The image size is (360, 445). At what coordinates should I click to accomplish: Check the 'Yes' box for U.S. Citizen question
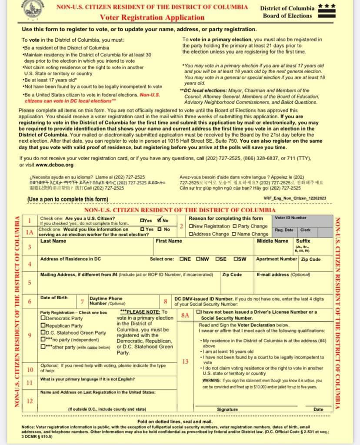coord(143,221)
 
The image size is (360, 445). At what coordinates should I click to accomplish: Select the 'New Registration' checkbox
coord(191,226)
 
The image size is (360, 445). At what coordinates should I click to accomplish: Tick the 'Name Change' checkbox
coord(235,234)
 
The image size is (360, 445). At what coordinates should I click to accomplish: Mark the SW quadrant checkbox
coord(236,259)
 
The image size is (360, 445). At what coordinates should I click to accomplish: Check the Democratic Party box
coord(43,318)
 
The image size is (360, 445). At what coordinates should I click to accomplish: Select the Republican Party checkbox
coord(43,325)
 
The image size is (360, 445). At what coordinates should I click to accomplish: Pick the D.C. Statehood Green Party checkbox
coord(43,332)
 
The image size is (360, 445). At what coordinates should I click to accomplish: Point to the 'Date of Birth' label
coord(54,298)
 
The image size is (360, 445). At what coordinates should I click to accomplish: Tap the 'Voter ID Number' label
coord(290,218)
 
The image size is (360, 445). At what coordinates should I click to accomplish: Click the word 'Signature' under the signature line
coord(227,409)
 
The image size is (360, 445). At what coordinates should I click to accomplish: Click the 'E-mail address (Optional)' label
coord(277,275)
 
